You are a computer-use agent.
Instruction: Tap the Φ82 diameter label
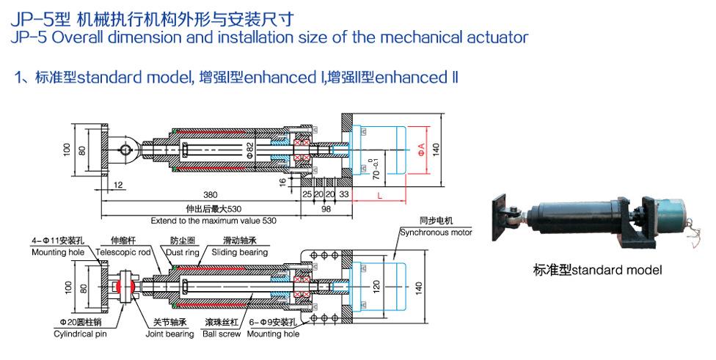[249, 150]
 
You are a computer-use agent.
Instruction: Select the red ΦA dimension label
[421, 150]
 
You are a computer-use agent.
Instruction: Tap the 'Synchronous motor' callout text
[436, 232]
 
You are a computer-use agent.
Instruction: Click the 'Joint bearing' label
[169, 334]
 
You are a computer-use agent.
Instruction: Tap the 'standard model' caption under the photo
[597, 271]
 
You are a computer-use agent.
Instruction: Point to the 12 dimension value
[118, 184]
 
